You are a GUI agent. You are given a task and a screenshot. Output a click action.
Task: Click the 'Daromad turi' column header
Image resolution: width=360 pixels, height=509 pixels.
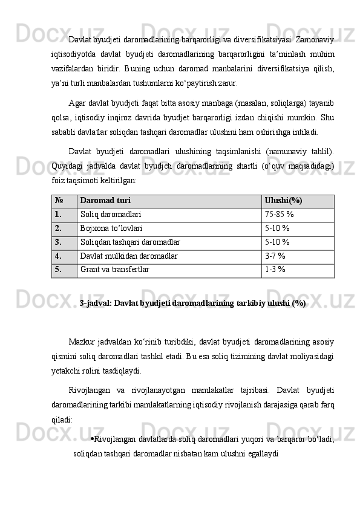tap(105, 201)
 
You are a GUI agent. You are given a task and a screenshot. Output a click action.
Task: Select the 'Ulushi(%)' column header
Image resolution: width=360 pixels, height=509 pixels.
tap(284, 201)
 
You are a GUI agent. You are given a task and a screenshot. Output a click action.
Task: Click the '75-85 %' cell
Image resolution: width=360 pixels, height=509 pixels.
tap(280, 215)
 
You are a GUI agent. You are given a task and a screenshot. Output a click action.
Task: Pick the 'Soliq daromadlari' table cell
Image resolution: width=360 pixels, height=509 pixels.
tap(111, 215)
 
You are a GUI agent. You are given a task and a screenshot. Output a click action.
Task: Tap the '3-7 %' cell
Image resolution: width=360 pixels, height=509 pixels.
tap(275, 256)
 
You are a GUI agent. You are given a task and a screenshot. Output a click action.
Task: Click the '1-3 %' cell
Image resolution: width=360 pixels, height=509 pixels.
tap(275, 270)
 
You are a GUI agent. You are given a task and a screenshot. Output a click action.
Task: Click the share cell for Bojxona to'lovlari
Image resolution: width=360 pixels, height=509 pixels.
tap(277, 229)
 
